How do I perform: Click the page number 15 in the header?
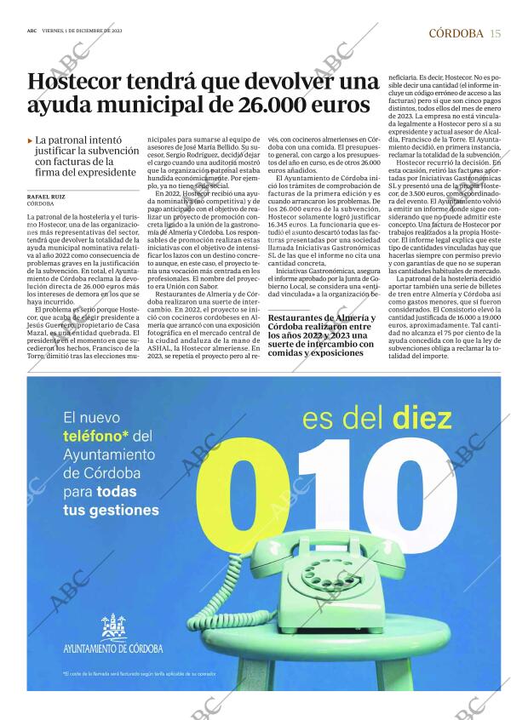coord(496,33)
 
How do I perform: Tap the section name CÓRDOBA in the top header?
coord(456,33)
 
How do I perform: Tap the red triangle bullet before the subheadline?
coord(31,140)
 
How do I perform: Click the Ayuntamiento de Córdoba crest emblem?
coord(112,628)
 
